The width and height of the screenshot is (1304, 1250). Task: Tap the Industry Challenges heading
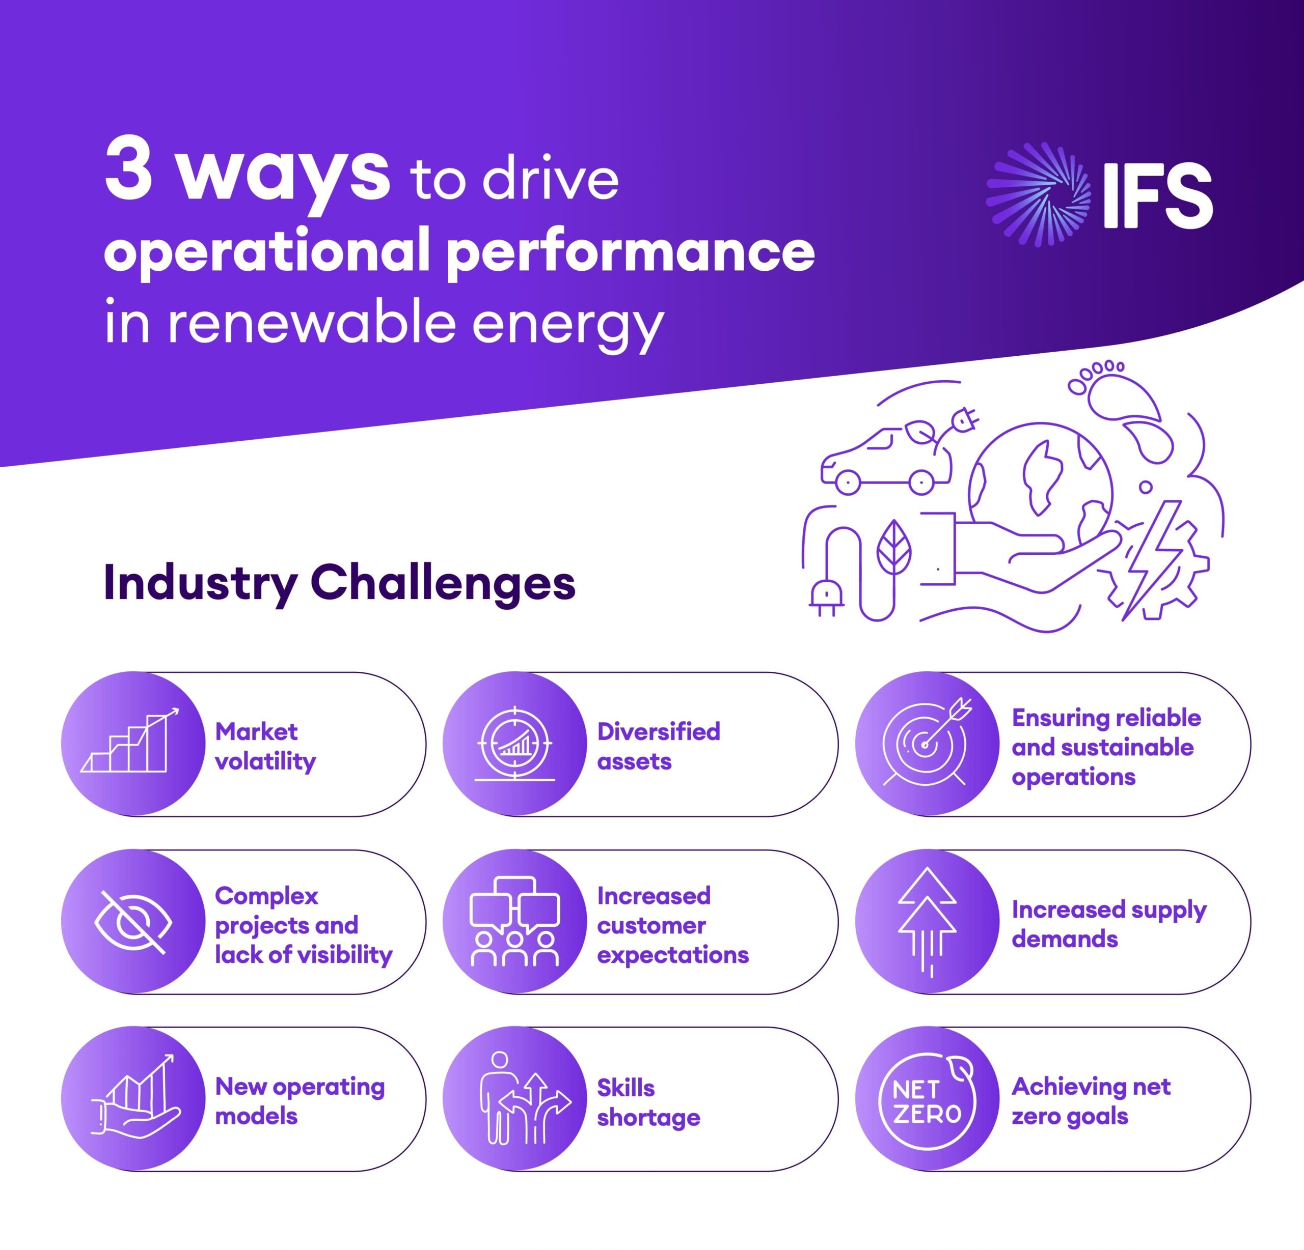(x=339, y=583)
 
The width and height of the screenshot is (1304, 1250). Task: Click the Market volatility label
(x=265, y=746)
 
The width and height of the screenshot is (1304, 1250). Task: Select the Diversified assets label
(x=658, y=746)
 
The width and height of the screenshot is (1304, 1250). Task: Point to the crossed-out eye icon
(x=133, y=922)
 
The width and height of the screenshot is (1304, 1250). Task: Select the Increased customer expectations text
(x=672, y=925)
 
